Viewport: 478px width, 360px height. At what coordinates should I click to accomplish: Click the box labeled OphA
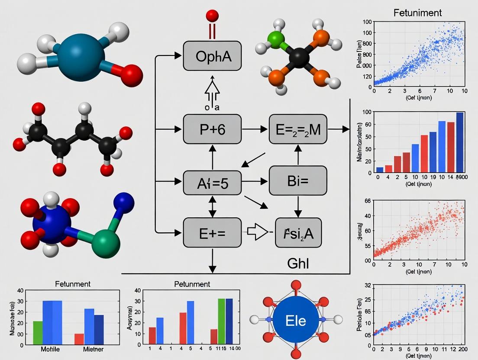click(x=212, y=56)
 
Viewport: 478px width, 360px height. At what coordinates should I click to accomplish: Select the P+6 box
click(x=212, y=129)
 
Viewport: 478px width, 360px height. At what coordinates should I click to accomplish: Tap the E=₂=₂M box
click(x=297, y=129)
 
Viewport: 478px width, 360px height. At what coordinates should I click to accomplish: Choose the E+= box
click(x=212, y=232)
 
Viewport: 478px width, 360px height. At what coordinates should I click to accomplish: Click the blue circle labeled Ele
click(x=296, y=321)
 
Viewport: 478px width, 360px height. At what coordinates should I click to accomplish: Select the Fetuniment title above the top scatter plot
click(x=417, y=13)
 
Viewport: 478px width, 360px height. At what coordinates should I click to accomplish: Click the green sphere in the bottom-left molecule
click(x=106, y=244)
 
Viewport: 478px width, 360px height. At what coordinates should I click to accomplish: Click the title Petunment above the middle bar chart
click(x=192, y=284)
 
